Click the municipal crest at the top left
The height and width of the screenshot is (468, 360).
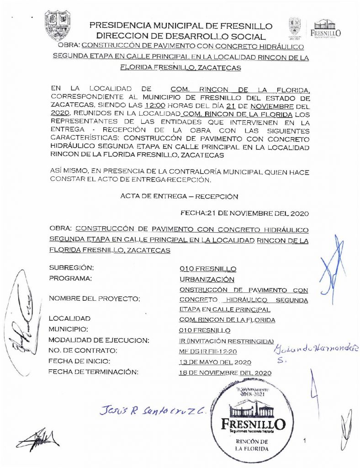58,25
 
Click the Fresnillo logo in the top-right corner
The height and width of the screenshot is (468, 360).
325,28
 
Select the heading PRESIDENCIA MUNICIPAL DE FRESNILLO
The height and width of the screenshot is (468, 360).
181,26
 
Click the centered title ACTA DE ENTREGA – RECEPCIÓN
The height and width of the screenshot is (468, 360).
180,196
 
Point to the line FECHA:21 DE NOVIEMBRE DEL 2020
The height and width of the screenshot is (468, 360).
244,213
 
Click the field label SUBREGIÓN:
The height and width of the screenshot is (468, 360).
71,268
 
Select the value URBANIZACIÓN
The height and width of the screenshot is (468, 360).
207,279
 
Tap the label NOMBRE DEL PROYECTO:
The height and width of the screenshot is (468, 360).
94,298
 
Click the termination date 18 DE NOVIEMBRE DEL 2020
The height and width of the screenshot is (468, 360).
225,373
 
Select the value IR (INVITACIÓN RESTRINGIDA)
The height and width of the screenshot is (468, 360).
226,341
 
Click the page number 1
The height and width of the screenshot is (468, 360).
304,441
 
